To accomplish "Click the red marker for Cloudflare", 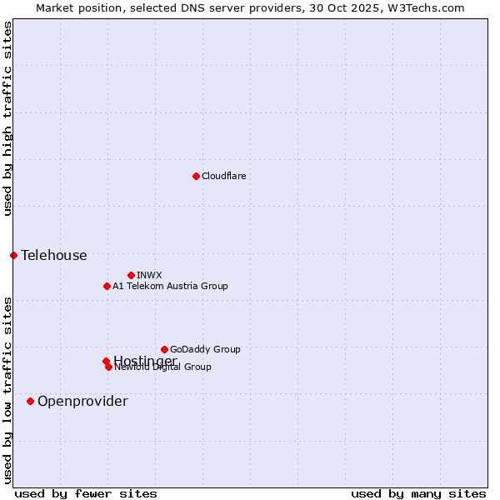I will pyautogui.click(x=196, y=176).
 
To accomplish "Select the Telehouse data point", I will pyautogui.click(x=13, y=255).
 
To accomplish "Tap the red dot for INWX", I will pyautogui.click(x=131, y=275).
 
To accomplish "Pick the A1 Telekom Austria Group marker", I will pyautogui.click(x=107, y=286).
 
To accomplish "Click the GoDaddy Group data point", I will pyautogui.click(x=164, y=349).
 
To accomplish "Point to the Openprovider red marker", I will pyautogui.click(x=30, y=401).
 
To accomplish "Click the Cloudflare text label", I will pyautogui.click(x=223, y=176).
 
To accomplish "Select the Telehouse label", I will pyautogui.click(x=53, y=256).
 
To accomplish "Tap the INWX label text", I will pyautogui.click(x=149, y=275).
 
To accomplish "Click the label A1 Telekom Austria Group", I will pyautogui.click(x=170, y=286).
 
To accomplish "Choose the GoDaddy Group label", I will pyautogui.click(x=205, y=349).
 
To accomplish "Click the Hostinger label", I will pyautogui.click(x=145, y=360).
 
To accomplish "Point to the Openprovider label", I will pyautogui.click(x=82, y=402).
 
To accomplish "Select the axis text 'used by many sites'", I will pyautogui.click(x=418, y=494).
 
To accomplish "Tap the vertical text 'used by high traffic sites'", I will pyautogui.click(x=7, y=118).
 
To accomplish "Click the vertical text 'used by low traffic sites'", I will pyautogui.click(x=7, y=390).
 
